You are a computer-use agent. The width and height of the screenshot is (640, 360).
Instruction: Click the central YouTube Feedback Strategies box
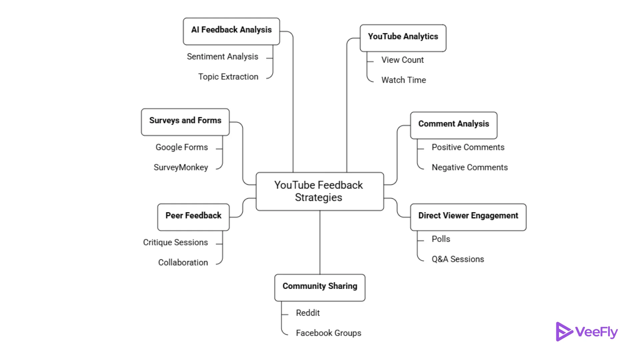click(x=319, y=191)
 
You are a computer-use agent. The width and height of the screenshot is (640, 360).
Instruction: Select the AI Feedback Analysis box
click(x=231, y=31)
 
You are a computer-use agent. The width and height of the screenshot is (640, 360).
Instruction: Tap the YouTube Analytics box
click(x=403, y=38)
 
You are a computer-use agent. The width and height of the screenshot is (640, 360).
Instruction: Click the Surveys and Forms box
click(x=185, y=122)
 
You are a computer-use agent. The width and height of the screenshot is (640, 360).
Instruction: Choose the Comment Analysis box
click(x=453, y=125)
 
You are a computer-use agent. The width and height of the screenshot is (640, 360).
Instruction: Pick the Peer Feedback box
click(x=193, y=217)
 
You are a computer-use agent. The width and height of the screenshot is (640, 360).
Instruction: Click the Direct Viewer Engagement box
click(x=468, y=217)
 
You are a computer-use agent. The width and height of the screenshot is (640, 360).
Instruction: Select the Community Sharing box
click(x=320, y=288)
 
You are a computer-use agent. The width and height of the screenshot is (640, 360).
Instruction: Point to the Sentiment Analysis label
click(x=222, y=57)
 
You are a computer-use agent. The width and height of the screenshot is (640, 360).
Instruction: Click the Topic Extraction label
click(x=228, y=77)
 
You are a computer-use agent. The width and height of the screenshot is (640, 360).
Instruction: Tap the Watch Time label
click(x=403, y=80)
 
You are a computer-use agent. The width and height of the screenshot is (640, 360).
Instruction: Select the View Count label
click(x=402, y=60)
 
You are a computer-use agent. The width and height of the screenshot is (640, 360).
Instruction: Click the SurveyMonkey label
click(x=181, y=167)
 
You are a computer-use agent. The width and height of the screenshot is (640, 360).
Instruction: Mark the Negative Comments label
click(x=469, y=167)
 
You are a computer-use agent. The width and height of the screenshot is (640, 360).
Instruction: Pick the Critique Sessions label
click(x=175, y=242)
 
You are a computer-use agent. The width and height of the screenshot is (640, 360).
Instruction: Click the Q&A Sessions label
click(x=457, y=259)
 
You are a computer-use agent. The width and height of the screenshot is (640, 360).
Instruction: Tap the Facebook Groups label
click(x=328, y=333)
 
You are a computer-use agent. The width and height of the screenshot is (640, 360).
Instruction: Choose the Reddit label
click(x=308, y=313)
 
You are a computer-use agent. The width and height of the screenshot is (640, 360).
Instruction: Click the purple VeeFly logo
click(x=587, y=332)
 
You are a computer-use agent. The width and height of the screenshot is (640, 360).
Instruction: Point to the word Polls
click(x=441, y=239)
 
